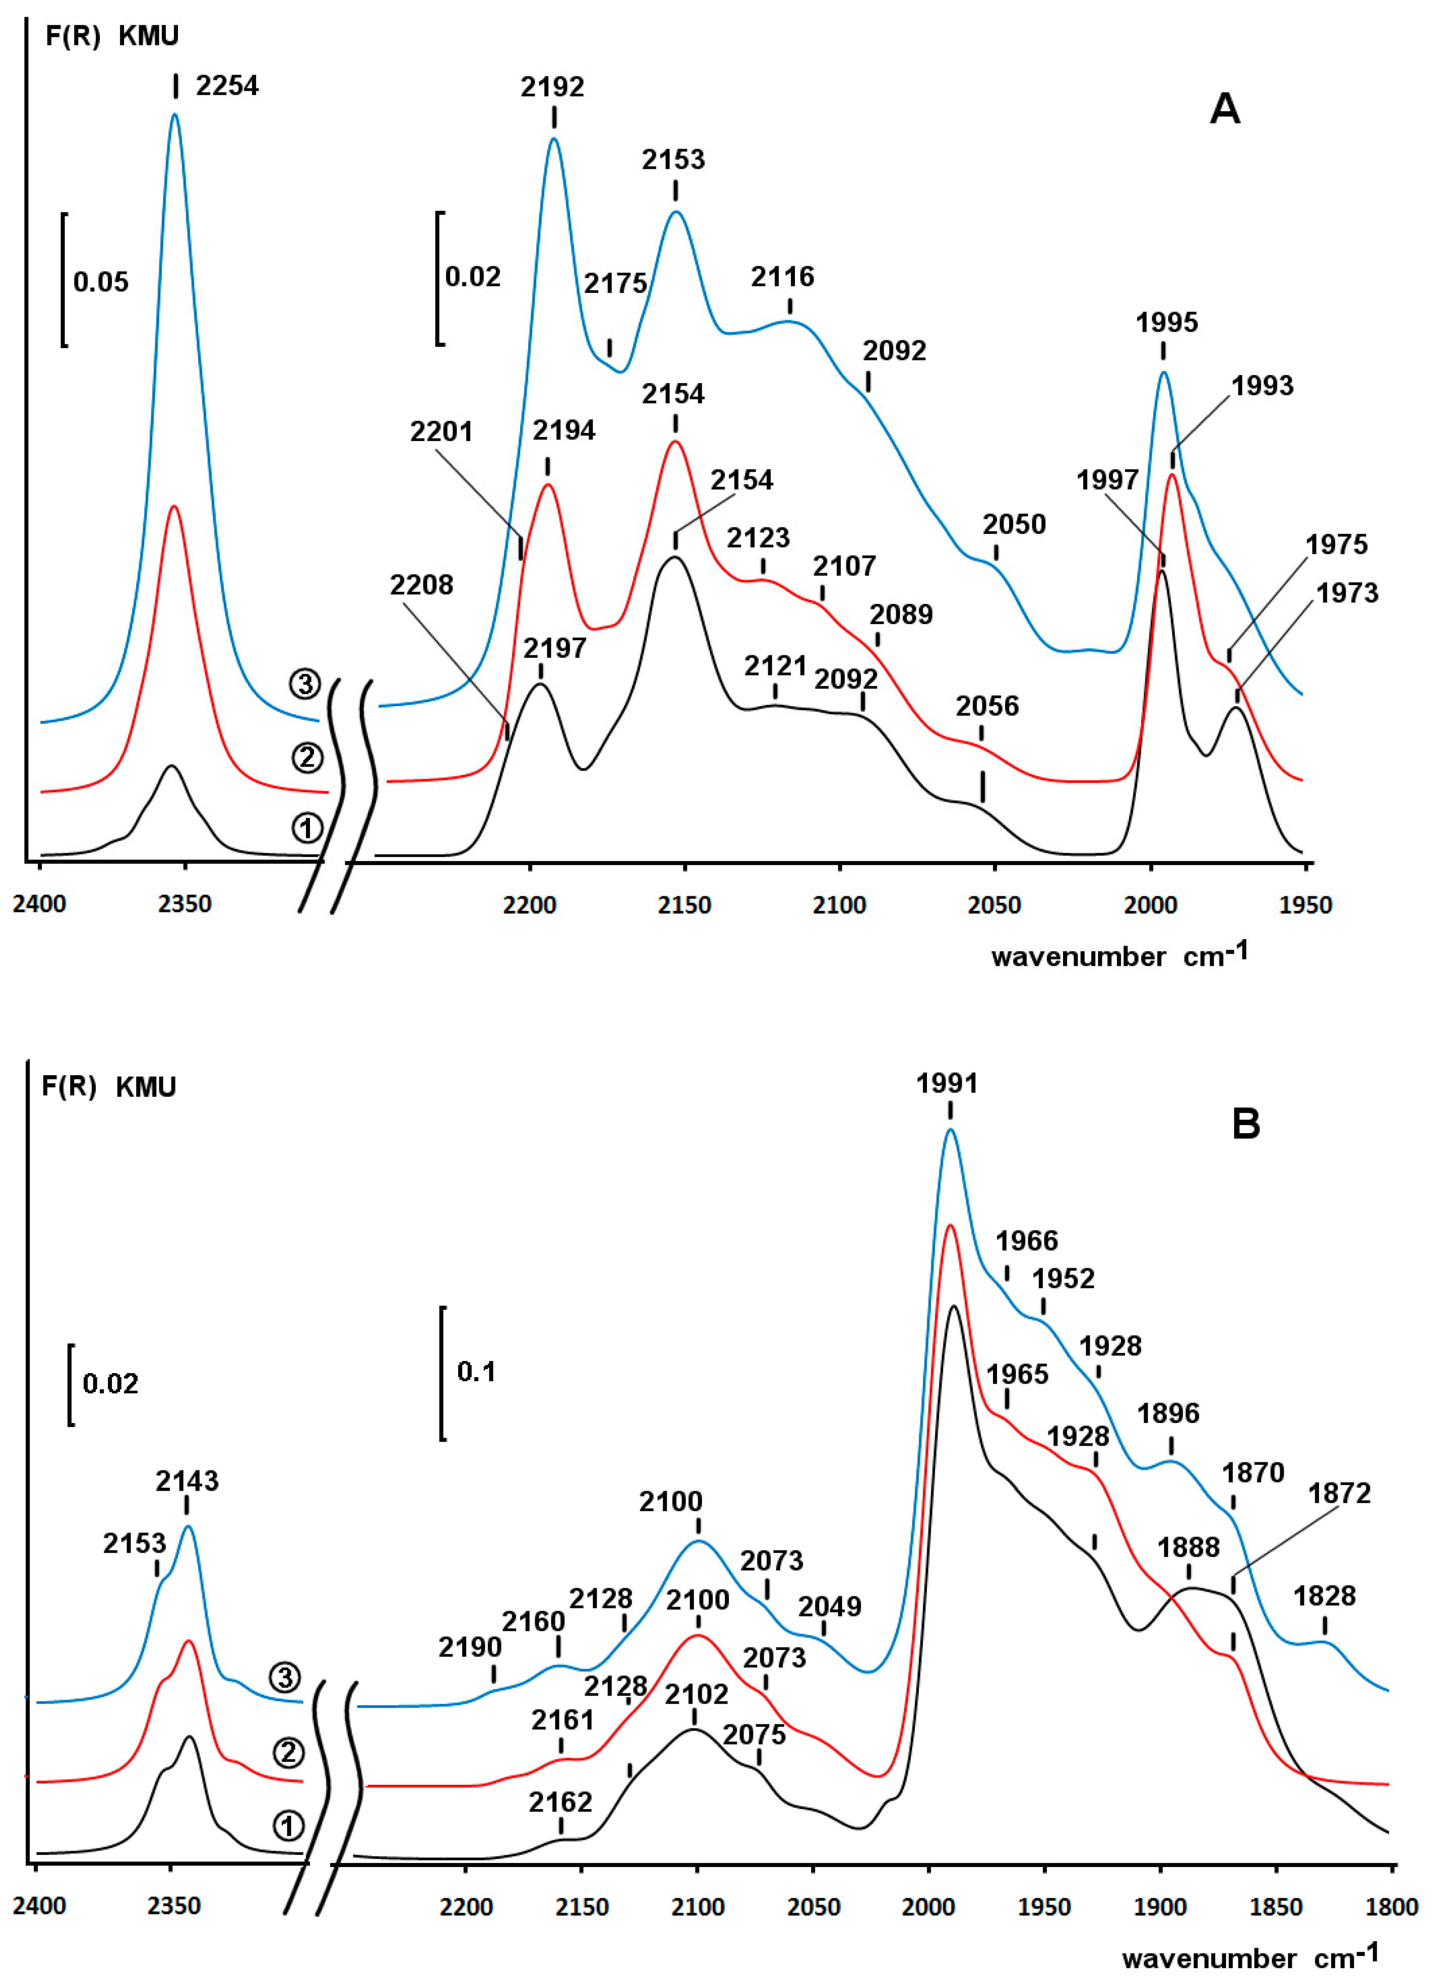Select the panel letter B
(x=1246, y=1123)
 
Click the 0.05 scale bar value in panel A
(x=100, y=282)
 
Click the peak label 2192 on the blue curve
(x=552, y=86)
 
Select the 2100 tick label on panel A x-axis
(x=839, y=905)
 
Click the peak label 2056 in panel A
(x=987, y=705)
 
